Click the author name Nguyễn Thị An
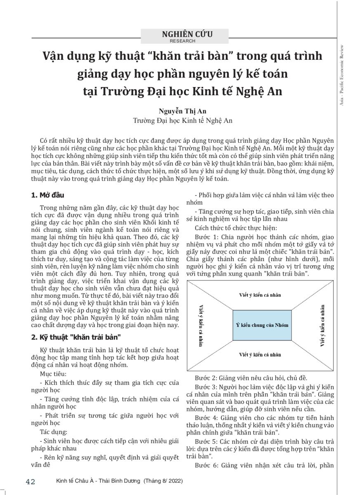[x=183, y=111]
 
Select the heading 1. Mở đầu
[x=48, y=195]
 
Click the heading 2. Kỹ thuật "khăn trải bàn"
[x=76, y=337]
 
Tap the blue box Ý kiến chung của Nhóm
[x=262, y=325]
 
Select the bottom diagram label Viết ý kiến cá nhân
[x=260, y=354]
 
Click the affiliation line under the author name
[x=183, y=120]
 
